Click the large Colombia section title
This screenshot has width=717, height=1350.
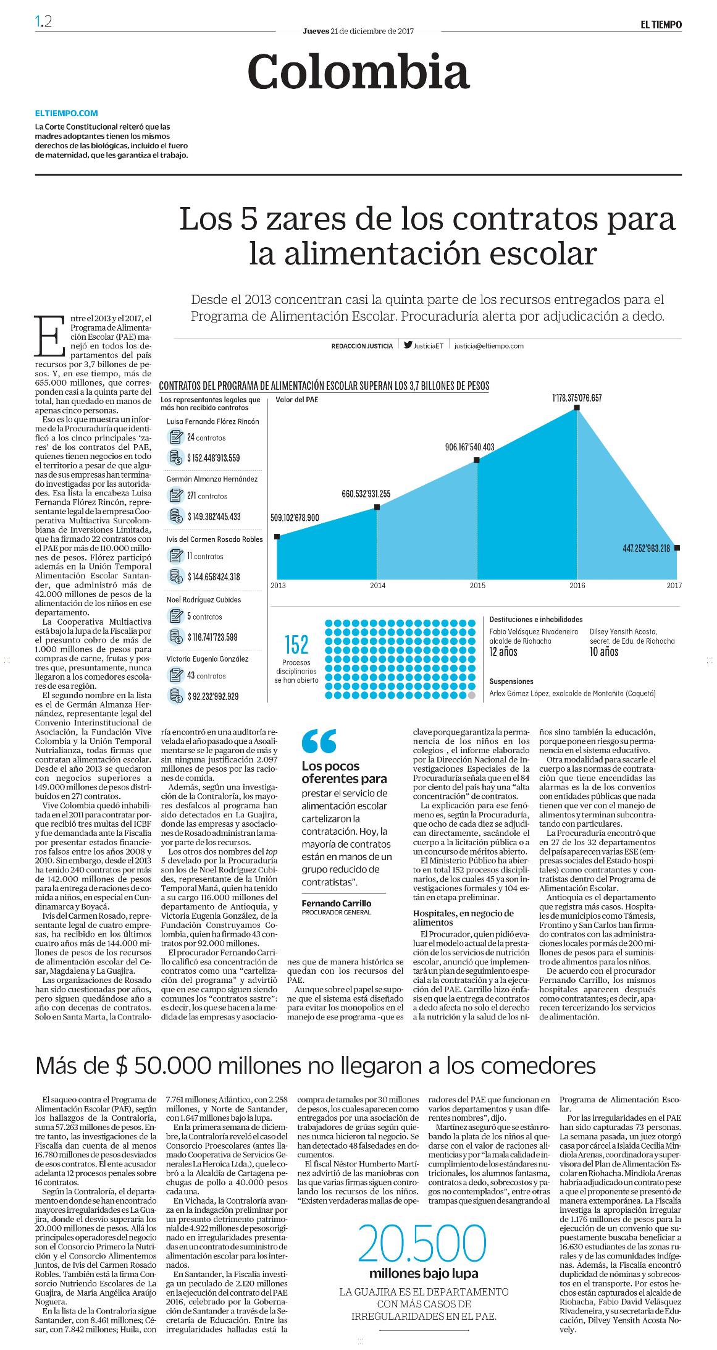click(x=358, y=72)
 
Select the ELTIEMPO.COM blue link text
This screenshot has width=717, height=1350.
click(x=67, y=113)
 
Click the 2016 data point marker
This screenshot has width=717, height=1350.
click(x=577, y=408)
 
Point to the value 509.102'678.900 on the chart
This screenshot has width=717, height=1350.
click(x=295, y=517)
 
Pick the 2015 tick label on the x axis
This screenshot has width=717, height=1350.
click(x=477, y=584)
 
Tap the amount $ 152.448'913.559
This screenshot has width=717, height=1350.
click(x=214, y=458)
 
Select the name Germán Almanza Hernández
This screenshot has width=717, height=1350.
click(x=212, y=479)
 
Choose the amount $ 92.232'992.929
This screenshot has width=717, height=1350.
click(x=212, y=696)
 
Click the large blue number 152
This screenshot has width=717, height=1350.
click(x=296, y=645)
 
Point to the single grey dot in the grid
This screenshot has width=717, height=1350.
click(x=472, y=695)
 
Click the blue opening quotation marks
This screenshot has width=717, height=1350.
click(x=319, y=741)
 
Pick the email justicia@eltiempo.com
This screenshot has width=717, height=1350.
click(x=488, y=346)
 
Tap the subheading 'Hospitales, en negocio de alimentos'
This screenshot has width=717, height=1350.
click(x=463, y=918)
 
